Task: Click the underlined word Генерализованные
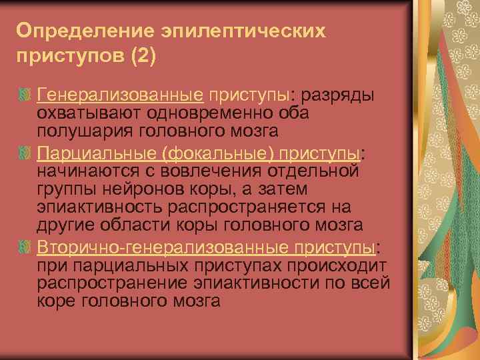[x=120, y=95]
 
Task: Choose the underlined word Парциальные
[x=96, y=155]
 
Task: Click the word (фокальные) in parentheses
[x=216, y=155]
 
